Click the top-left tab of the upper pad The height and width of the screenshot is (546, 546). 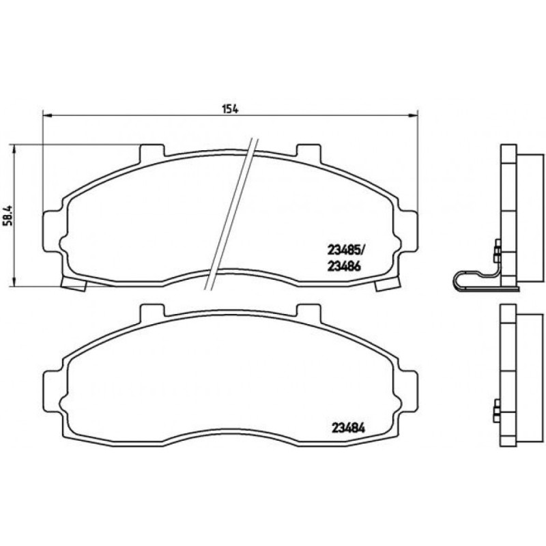click(x=152, y=152)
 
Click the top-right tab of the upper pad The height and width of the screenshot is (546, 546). click(x=309, y=152)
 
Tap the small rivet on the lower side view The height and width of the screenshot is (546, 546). click(x=497, y=410)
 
